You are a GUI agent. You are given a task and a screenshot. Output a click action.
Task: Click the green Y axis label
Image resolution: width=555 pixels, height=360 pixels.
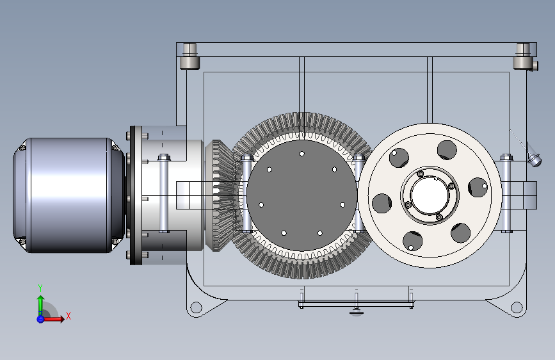[x=40, y=288]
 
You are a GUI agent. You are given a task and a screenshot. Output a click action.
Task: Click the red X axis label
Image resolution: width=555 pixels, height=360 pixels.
[x=68, y=316]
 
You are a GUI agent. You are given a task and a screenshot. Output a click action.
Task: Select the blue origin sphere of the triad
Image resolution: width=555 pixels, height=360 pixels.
[x=40, y=319]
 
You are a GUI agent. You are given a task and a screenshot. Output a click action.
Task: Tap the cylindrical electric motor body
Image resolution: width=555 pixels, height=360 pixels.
[x=69, y=195]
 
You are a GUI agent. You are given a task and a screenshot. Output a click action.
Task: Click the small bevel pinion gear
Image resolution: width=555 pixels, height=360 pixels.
[x=220, y=195]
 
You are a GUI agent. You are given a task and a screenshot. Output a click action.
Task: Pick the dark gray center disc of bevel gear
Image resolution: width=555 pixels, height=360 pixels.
[x=302, y=195]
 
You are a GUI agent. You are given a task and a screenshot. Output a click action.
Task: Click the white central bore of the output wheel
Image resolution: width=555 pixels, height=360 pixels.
[x=430, y=195]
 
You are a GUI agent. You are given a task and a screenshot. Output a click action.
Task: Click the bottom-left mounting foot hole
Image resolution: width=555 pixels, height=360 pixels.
[x=196, y=307]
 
